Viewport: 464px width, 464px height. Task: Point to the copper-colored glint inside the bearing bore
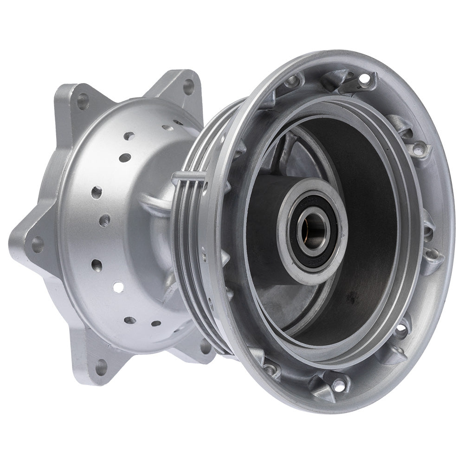point(304,232)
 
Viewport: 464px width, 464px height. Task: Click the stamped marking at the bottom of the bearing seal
point(310,263)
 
